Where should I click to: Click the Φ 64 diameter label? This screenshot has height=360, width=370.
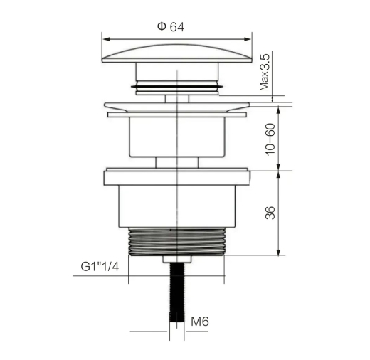point(171,27)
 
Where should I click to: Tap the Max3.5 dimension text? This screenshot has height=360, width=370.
point(265,73)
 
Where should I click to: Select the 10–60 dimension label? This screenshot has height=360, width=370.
point(270,139)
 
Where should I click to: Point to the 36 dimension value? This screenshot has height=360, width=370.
point(270,213)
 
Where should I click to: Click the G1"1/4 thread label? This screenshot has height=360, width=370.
point(100,267)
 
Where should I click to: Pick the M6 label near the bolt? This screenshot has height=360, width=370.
point(200,322)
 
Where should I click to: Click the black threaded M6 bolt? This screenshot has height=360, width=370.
point(177,292)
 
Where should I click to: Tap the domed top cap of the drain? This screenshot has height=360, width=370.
point(176,53)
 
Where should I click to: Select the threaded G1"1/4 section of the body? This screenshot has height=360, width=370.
point(176,242)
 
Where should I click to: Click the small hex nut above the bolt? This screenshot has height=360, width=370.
point(177,259)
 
